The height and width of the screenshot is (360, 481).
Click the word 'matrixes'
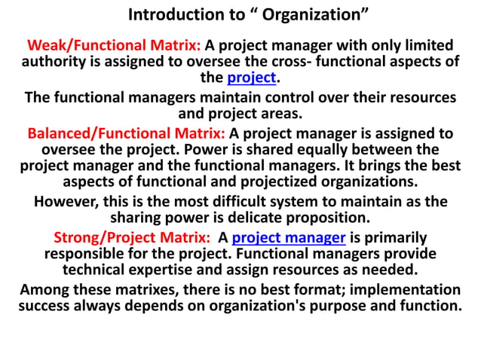(x=148, y=290)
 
